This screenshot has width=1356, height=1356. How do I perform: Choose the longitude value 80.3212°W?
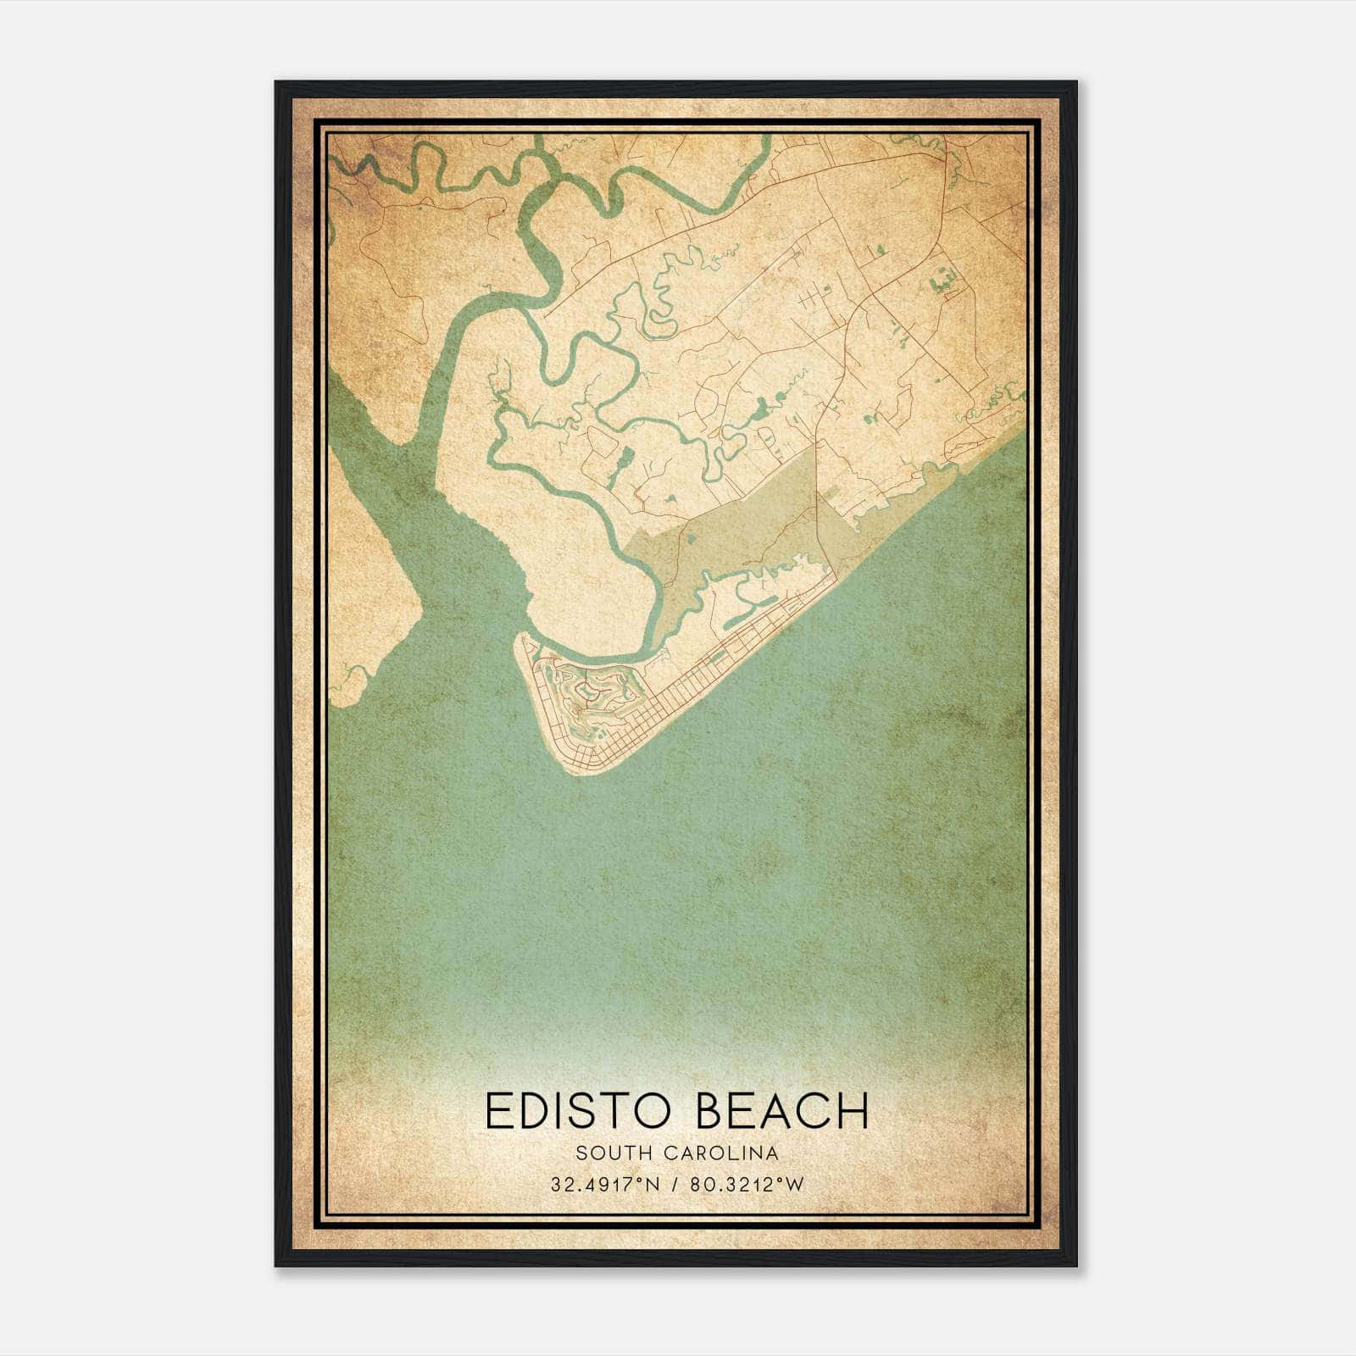pos(747,1185)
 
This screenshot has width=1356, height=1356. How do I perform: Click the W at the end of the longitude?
pos(795,1185)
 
